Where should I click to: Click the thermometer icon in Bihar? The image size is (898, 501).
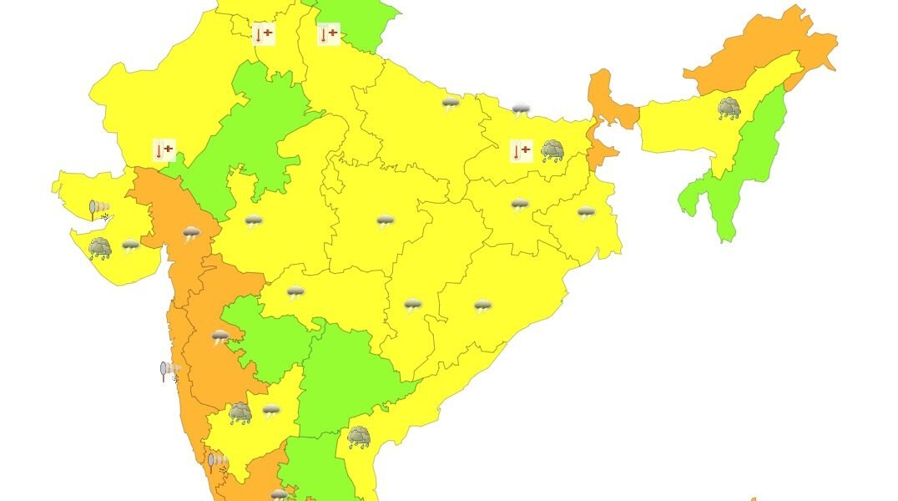[521, 151]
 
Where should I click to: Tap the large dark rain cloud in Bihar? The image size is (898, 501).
[552, 151]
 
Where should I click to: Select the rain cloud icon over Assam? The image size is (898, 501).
[729, 108]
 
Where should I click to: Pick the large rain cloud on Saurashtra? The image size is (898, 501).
[100, 248]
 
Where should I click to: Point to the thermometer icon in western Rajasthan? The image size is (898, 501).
[164, 150]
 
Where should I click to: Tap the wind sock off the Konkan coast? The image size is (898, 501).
[170, 371]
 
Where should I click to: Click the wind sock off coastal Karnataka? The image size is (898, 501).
[218, 462]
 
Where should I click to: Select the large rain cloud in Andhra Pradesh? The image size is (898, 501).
[359, 437]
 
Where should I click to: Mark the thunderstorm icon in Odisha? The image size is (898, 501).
[483, 306]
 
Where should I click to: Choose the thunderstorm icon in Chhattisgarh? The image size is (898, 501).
[413, 305]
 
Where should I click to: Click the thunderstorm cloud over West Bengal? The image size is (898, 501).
[586, 213]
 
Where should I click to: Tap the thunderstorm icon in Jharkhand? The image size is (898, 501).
[520, 205]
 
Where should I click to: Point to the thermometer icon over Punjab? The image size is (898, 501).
[264, 34]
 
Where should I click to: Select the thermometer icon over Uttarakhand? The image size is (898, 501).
[329, 34]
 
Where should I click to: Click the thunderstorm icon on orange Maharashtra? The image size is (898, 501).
[220, 337]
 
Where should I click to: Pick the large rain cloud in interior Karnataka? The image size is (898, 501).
[240, 412]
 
